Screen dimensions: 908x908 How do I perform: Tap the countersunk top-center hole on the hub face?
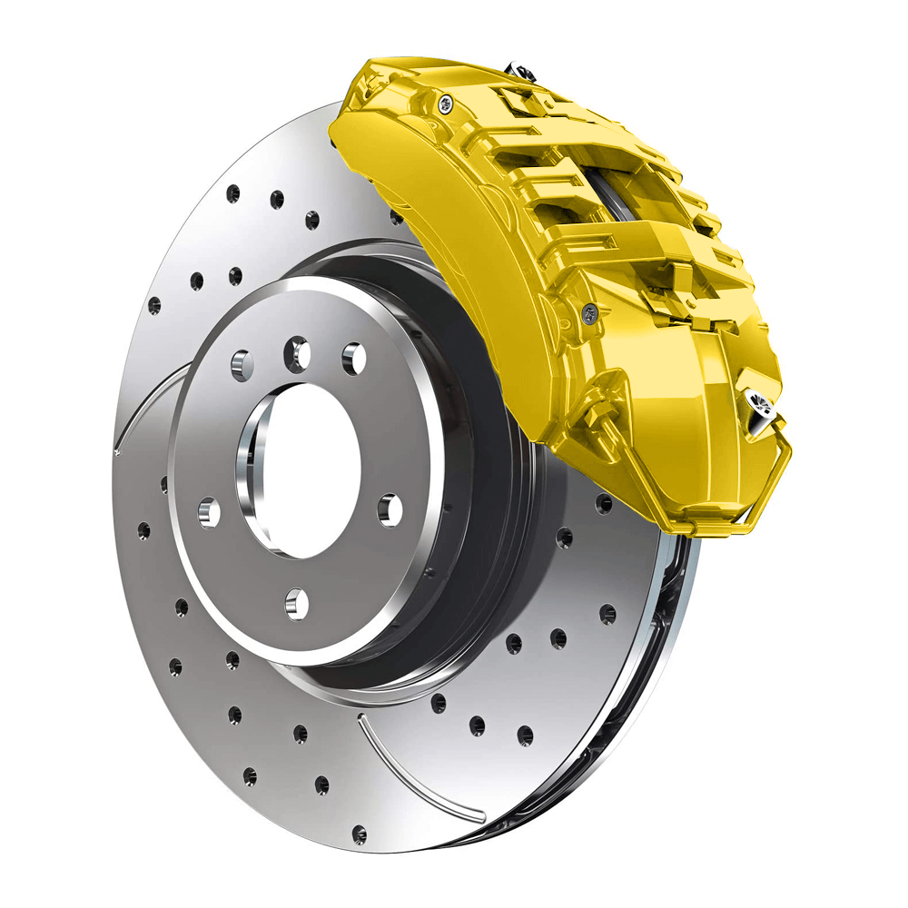coord(297,353)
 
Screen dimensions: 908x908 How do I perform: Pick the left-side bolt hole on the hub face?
coord(209,514)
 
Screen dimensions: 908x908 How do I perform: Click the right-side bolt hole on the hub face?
coord(390,509)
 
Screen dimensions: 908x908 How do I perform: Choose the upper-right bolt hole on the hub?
coord(353,358)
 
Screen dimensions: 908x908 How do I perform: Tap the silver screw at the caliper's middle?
coord(589,313)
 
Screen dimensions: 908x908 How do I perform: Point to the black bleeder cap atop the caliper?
coord(518,68)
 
